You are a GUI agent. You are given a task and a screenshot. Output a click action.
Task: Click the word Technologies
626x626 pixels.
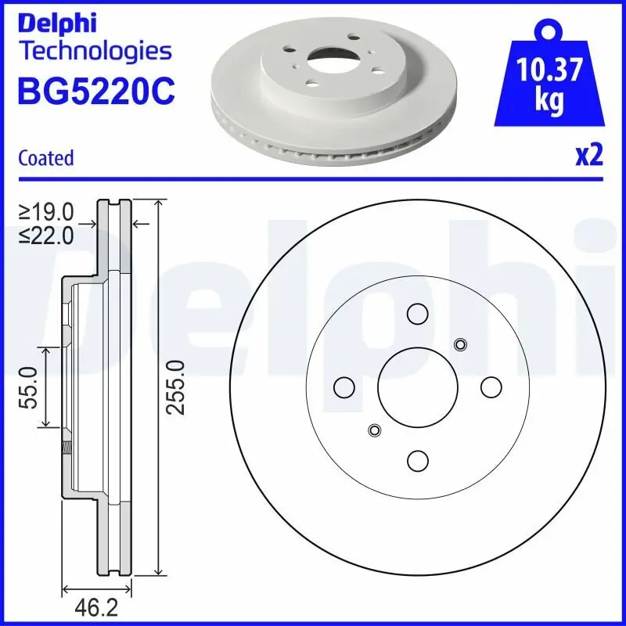(95, 52)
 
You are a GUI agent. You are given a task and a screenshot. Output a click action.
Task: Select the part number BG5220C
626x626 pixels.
(95, 92)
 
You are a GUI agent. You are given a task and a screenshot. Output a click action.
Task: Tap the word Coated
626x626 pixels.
(45, 158)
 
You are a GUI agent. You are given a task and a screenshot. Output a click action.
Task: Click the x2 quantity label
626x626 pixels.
(588, 155)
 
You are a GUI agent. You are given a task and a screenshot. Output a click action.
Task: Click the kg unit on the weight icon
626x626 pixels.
(549, 103)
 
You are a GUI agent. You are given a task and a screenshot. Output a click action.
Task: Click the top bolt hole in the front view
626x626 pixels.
(416, 313)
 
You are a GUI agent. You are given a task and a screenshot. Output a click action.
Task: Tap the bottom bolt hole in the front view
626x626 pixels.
(416, 460)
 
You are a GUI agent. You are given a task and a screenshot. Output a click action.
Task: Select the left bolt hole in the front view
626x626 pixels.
(343, 387)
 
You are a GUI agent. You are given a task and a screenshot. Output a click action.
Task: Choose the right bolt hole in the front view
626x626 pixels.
(491, 387)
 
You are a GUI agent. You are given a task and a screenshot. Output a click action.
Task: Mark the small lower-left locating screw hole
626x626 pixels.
(374, 430)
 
